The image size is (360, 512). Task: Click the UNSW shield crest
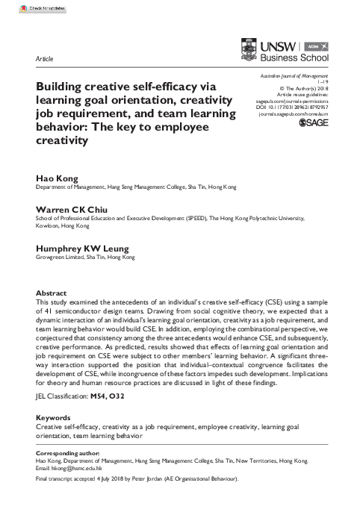click(247, 49)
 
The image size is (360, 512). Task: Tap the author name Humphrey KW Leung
click(81, 247)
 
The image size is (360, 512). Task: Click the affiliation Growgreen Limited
click(60, 256)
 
